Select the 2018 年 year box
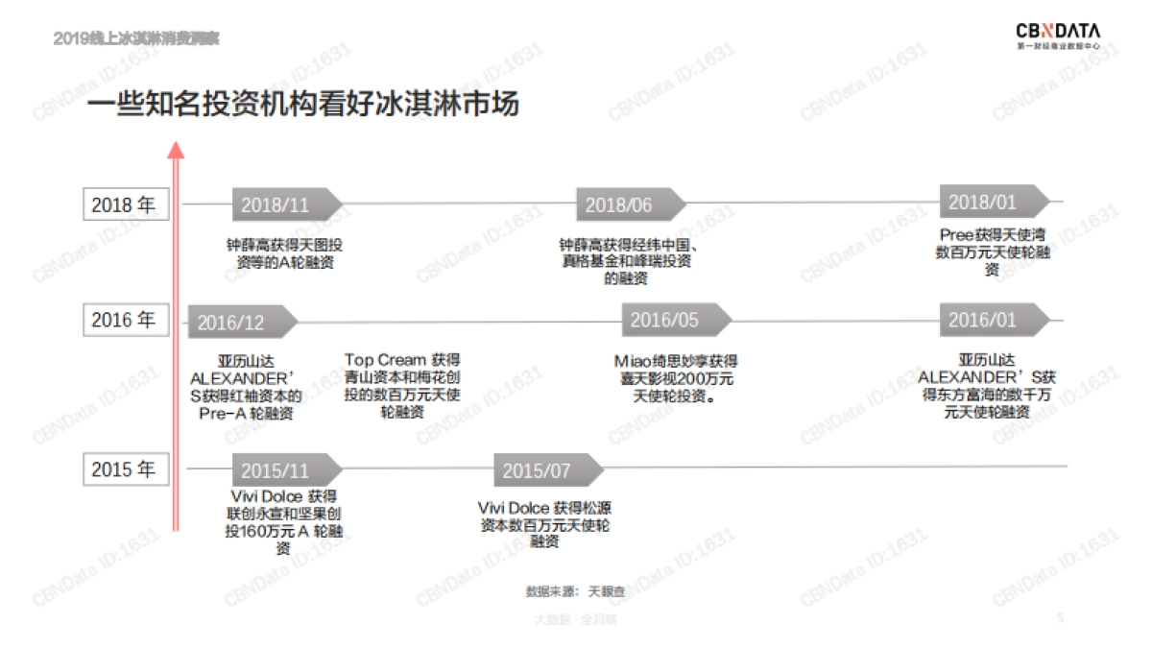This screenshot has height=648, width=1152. click(123, 204)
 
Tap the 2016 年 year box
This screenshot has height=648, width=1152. click(123, 320)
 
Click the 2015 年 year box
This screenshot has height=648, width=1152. click(123, 469)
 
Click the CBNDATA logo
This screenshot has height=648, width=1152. click(1059, 36)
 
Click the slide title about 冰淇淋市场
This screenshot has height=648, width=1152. click(303, 104)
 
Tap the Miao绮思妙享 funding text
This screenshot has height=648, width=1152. click(676, 378)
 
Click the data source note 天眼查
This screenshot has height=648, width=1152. click(575, 591)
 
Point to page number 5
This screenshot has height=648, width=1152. click(1060, 618)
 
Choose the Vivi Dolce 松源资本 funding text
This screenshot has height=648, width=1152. click(544, 524)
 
